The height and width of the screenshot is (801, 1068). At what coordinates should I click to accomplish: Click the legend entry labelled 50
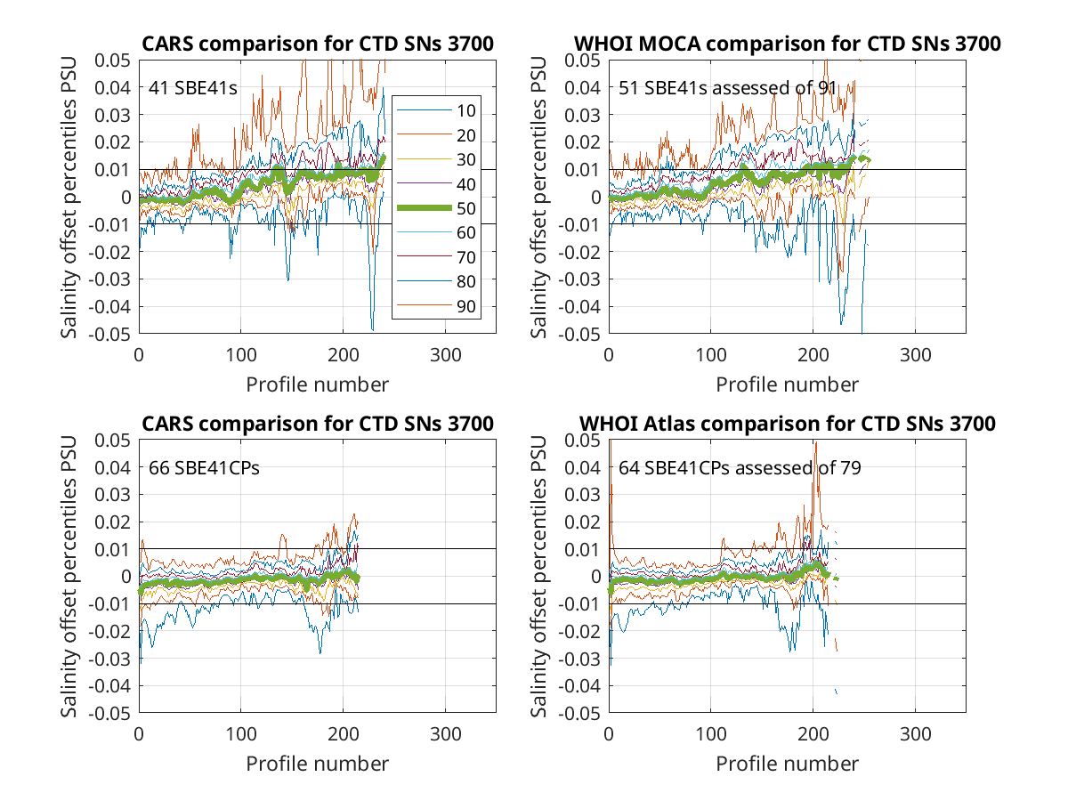click(436, 208)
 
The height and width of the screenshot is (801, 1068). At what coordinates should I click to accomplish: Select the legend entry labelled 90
click(436, 306)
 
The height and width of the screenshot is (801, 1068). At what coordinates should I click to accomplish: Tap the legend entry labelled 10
click(436, 111)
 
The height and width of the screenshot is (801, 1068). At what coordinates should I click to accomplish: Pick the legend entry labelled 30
click(436, 159)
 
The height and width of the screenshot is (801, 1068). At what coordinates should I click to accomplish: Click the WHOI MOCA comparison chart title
click(787, 44)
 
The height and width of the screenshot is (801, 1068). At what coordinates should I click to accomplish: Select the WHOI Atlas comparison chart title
click(787, 424)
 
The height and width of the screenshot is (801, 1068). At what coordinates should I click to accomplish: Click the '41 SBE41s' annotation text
click(192, 88)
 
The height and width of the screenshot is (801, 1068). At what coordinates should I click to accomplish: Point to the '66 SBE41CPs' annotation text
click(204, 468)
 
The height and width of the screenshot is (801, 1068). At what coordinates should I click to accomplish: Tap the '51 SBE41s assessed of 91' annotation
click(727, 88)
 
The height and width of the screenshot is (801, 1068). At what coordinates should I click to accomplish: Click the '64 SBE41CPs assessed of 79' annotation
click(740, 468)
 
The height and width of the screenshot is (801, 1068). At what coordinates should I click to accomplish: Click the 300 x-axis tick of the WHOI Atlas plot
click(915, 734)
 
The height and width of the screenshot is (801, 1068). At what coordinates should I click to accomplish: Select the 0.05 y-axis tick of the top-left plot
click(112, 61)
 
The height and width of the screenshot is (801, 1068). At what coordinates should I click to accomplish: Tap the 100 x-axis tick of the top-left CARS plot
click(241, 355)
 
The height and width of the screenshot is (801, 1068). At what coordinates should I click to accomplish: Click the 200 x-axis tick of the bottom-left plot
click(343, 734)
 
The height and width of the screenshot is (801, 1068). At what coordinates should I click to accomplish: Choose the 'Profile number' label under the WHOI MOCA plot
click(787, 384)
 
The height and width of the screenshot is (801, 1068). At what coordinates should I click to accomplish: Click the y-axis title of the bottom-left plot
click(69, 577)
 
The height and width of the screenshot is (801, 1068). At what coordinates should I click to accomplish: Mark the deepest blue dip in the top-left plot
click(373, 330)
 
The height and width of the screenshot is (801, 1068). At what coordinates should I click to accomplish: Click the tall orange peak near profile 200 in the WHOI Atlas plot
click(816, 442)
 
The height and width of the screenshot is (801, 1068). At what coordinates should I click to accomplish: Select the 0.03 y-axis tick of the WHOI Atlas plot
click(582, 495)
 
